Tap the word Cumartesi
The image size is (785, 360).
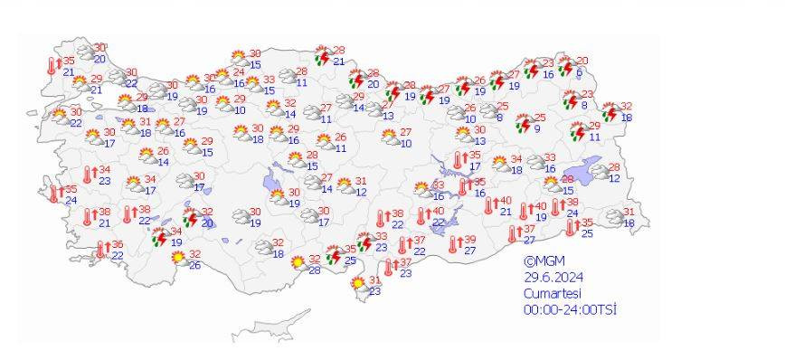point(553,293)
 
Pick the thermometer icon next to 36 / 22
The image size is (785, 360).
point(101,250)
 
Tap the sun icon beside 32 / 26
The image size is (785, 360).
point(179,259)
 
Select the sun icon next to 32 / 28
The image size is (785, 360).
point(298,263)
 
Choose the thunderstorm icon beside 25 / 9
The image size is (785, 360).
point(523,123)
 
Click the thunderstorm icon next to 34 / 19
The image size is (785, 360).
point(160,237)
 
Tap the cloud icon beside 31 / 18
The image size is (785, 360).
point(612,217)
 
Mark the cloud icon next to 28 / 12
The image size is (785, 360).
point(598,172)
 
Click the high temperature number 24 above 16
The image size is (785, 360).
point(239,72)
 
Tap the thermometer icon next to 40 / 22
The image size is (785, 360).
point(421,216)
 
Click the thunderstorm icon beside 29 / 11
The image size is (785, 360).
point(577,132)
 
